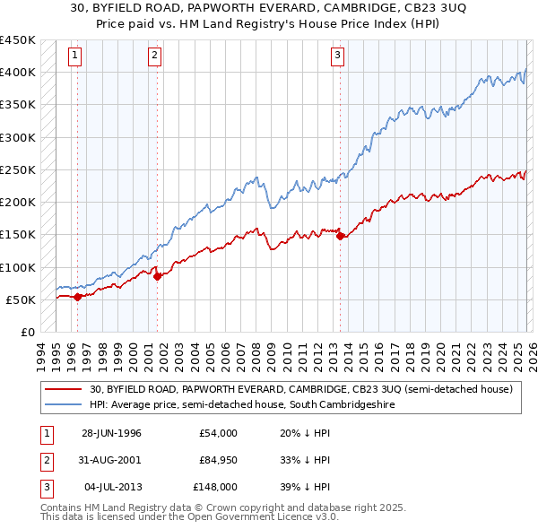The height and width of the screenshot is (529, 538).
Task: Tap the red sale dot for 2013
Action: pos(341,237)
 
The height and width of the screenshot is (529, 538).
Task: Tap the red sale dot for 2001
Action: pos(158,277)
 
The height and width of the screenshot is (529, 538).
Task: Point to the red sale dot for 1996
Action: pos(77,297)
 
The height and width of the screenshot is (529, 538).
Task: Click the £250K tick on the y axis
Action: pos(18,169)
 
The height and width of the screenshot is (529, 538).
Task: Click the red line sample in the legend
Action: pos(65,389)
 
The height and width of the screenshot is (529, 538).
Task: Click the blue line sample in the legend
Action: pos(65,405)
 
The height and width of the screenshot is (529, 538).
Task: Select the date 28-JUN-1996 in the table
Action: pos(111,433)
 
